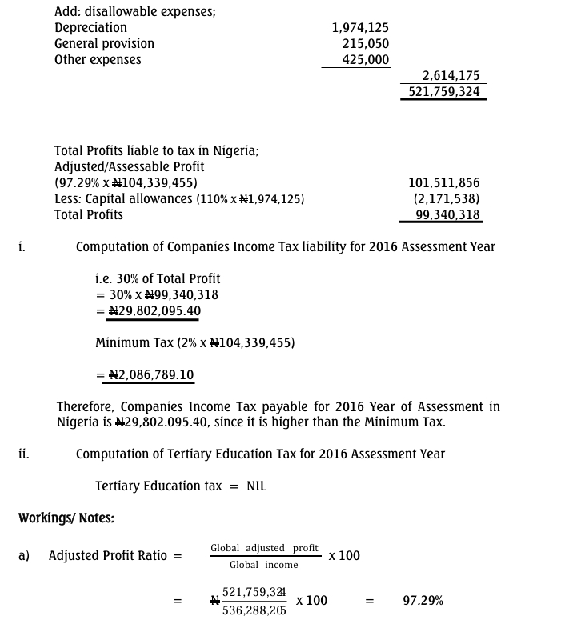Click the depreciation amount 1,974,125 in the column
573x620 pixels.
coord(360,28)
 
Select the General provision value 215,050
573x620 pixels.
coord(366,44)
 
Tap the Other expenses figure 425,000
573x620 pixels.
coord(366,60)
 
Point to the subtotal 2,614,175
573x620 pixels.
coord(451,76)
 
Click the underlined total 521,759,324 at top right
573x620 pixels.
coord(444,92)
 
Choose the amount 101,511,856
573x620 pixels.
coord(444,183)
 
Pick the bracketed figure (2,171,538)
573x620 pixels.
coord(447,199)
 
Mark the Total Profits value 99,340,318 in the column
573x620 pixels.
coord(448,215)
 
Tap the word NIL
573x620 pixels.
coord(256,486)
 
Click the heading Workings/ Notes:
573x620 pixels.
coord(66,518)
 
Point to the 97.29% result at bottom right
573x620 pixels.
coord(423,601)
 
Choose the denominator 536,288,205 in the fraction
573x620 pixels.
coord(254,610)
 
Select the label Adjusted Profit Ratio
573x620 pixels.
coord(108,555)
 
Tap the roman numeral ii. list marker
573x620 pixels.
coord(24,454)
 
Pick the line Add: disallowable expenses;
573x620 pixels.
coord(135,12)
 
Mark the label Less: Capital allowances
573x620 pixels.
coord(123,199)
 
